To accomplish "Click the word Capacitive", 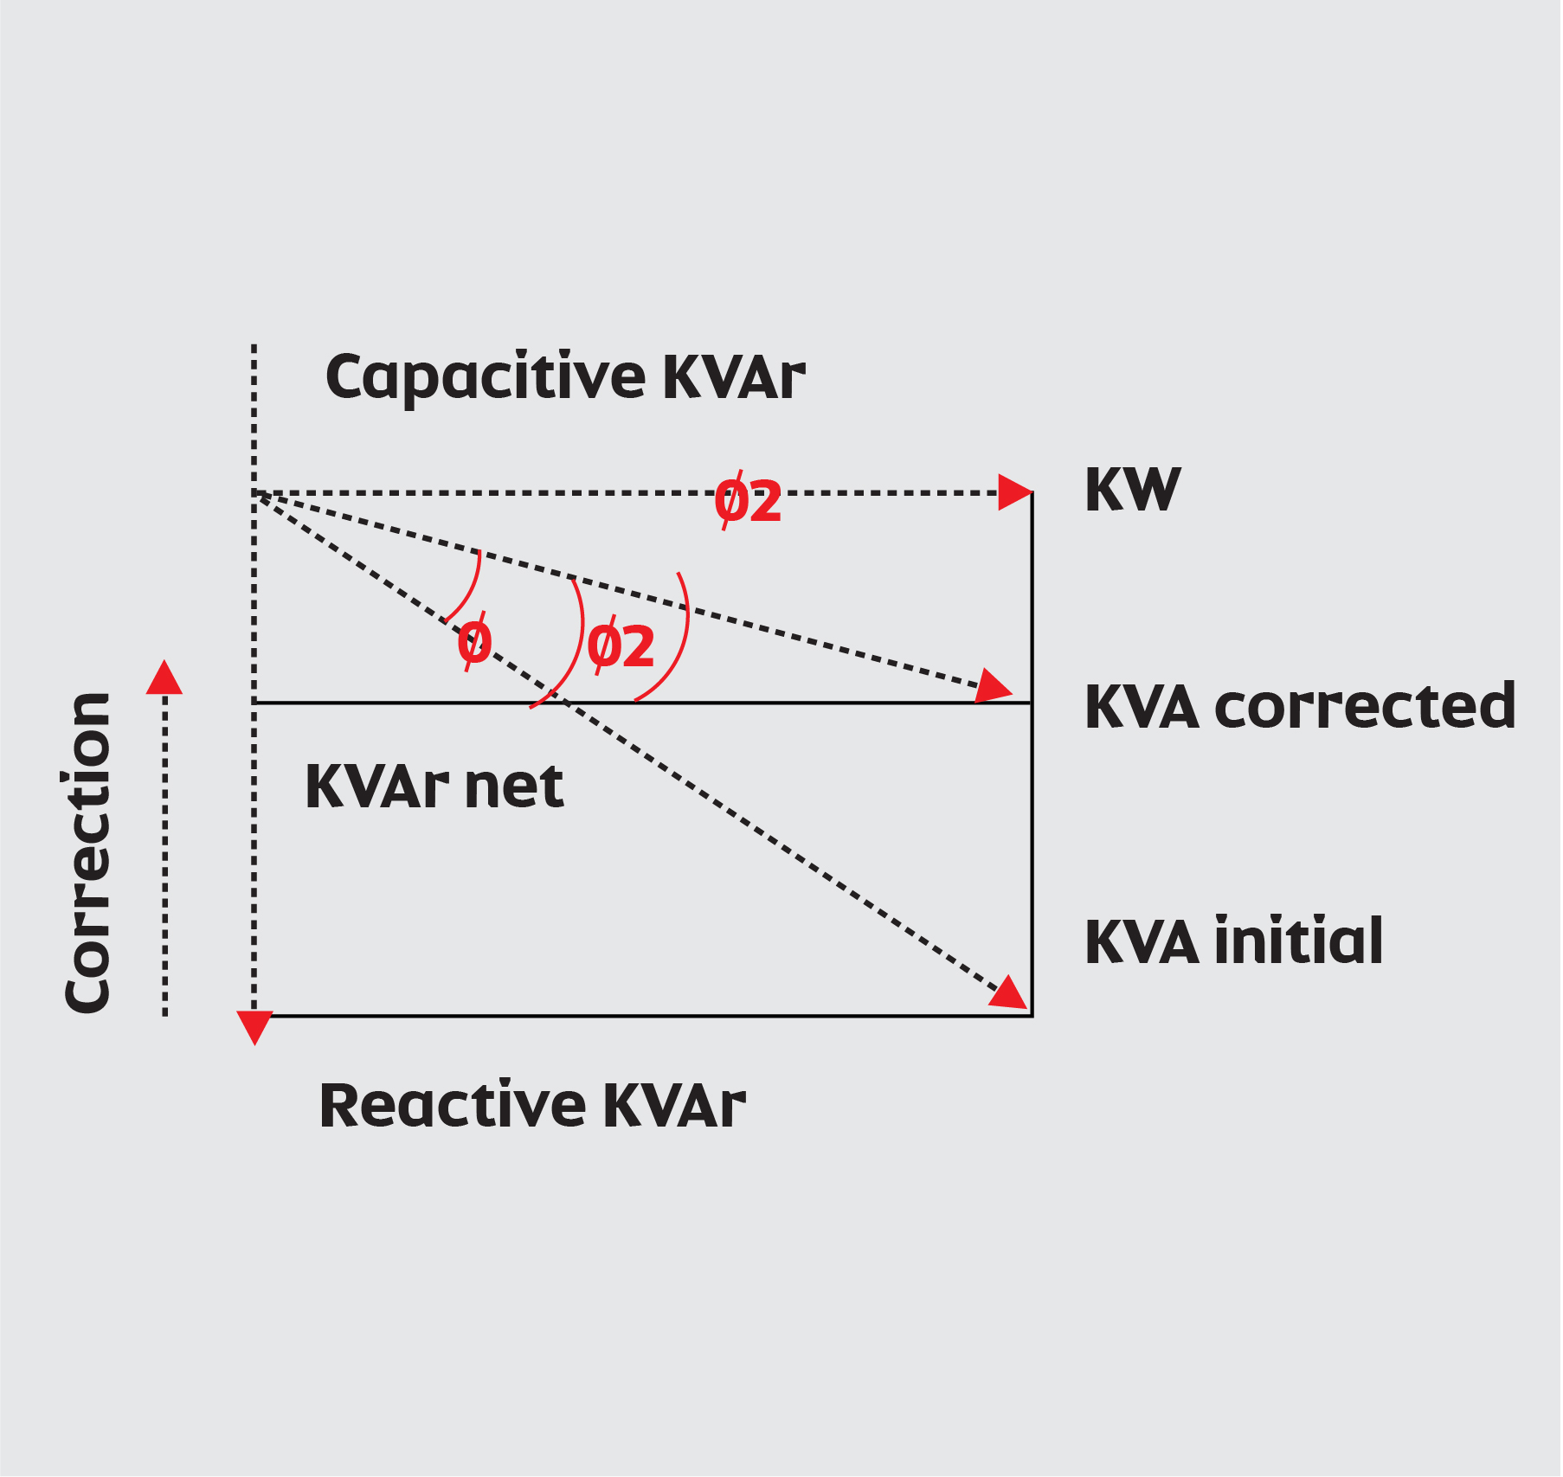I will click(485, 378).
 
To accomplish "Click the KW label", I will click(1132, 490).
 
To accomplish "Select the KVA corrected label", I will click(1299, 707).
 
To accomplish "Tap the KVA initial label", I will click(1233, 941).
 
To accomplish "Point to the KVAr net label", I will click(434, 787).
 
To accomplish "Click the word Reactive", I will click(453, 1106).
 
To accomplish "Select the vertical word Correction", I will click(87, 852).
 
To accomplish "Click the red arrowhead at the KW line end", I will click(1013, 492).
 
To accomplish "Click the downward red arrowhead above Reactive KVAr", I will click(254, 1027).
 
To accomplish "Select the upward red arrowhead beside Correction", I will click(164, 678).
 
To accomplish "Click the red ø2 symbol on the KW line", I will click(748, 501).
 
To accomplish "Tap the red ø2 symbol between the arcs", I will click(621, 646).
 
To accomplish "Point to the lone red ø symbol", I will click(474, 642).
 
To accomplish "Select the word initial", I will click(1298, 941).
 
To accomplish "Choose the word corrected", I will click(1365, 707).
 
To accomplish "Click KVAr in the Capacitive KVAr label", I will click(734, 378).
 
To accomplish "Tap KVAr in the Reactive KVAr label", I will click(674, 1106).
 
